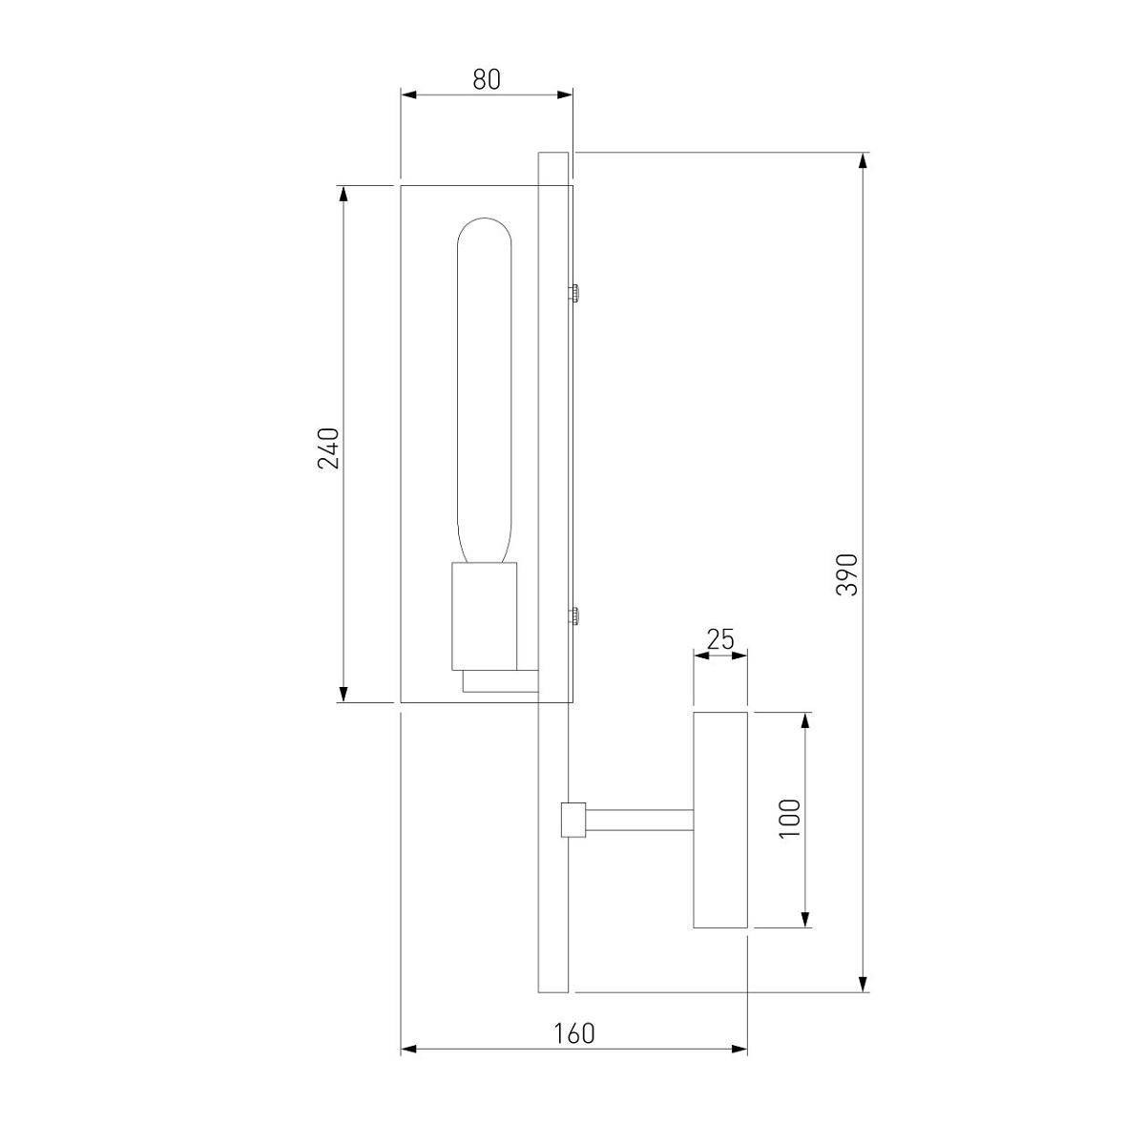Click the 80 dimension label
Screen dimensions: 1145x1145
click(x=487, y=79)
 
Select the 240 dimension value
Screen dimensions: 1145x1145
click(x=328, y=448)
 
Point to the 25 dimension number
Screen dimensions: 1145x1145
click(x=720, y=639)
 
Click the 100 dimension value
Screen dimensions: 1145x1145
click(x=790, y=819)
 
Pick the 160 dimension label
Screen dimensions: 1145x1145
click(x=574, y=1034)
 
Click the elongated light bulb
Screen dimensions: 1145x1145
click(x=485, y=390)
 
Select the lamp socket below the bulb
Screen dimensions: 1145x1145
click(x=485, y=616)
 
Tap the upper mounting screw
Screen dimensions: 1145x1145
click(x=574, y=293)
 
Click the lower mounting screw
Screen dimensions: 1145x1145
click(x=574, y=616)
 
